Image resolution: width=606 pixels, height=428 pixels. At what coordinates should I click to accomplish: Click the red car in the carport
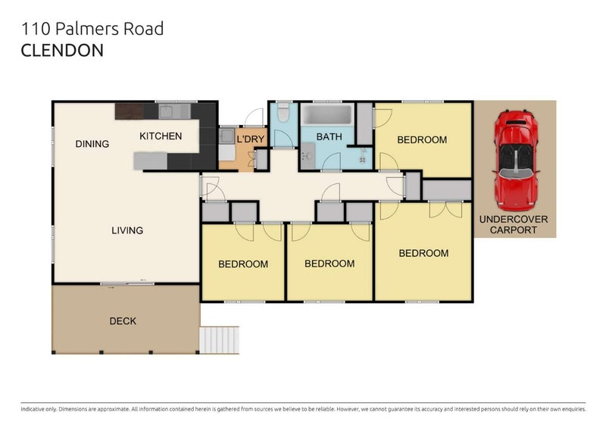point(516,161)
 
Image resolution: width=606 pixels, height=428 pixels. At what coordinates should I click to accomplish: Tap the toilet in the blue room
point(283,112)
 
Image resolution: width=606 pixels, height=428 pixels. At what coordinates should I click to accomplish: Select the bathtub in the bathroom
point(327,114)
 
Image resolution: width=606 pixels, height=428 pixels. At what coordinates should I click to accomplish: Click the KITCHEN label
point(161,136)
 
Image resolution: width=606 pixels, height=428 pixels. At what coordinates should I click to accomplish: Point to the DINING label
point(92,144)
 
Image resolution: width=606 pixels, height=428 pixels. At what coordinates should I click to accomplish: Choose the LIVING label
point(127,230)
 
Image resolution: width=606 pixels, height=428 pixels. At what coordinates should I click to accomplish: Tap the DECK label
point(123,321)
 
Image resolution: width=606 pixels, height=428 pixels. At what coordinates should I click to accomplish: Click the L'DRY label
point(251,139)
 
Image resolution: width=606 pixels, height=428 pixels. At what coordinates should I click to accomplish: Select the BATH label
point(329,137)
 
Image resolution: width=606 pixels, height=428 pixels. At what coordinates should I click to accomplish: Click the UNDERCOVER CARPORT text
point(514,225)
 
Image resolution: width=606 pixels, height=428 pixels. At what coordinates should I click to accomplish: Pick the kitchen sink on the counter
point(166,112)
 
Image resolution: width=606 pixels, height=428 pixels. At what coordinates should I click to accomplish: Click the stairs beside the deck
point(219,340)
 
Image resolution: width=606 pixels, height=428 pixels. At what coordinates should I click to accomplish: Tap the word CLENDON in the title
point(62,51)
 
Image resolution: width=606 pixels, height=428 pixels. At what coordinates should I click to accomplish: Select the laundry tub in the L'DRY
point(226,136)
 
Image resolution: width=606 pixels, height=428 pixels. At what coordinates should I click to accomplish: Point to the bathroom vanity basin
point(308,156)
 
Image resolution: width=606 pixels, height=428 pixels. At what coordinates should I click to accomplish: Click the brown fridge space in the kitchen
point(129,111)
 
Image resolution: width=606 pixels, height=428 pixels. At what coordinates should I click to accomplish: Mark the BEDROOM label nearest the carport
point(422,139)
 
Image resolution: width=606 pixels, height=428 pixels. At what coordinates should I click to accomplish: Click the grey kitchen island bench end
point(150,161)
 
